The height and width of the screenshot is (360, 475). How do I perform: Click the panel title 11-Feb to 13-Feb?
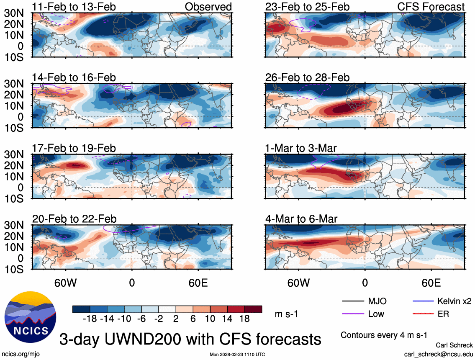[x=74, y=7]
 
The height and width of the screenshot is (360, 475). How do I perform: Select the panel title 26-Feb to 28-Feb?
[x=307, y=77]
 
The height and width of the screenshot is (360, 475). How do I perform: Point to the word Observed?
[x=208, y=7]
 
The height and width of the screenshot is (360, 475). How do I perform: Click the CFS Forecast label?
[x=431, y=7]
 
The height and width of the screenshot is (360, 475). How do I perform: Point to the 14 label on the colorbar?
[x=227, y=319]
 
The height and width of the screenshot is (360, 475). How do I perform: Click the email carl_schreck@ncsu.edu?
[x=438, y=354]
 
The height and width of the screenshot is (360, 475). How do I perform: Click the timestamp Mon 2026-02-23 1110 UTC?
[x=237, y=355]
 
